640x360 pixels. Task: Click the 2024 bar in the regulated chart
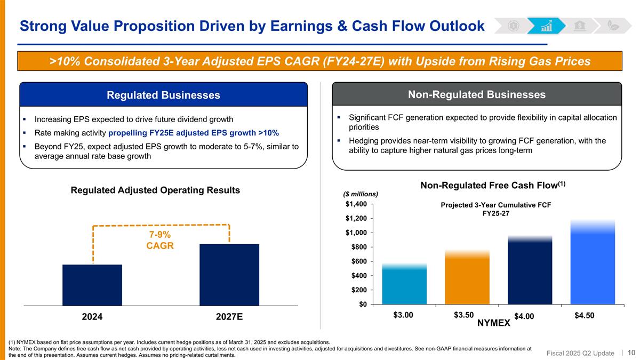pyautogui.click(x=92, y=285)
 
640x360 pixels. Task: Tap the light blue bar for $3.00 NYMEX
pyautogui.click(x=404, y=285)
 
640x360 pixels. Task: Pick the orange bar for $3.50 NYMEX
pyautogui.click(x=467, y=278)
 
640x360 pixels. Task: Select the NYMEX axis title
pyautogui.click(x=493, y=323)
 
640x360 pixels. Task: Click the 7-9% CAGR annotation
pyautogui.click(x=160, y=241)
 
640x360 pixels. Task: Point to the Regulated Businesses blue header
pyautogui.click(x=163, y=95)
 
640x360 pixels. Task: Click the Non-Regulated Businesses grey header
pyautogui.click(x=476, y=94)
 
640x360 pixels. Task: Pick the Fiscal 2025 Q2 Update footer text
pyautogui.click(x=581, y=353)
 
